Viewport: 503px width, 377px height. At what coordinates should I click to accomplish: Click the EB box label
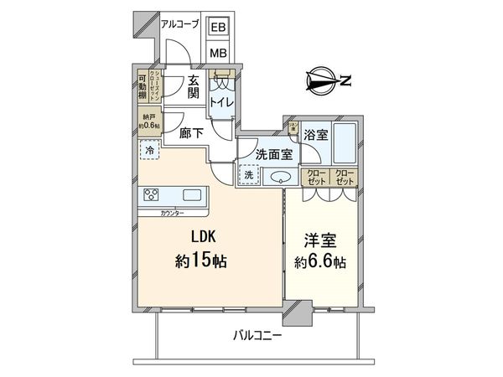pyautogui.click(x=217, y=28)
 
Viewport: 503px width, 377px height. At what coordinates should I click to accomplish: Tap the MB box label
pyautogui.click(x=217, y=53)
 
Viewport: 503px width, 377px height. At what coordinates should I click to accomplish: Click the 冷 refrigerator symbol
pyautogui.click(x=148, y=152)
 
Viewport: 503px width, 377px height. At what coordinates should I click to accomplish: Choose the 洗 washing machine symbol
pyautogui.click(x=248, y=175)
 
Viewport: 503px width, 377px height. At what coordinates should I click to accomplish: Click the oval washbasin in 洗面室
pyautogui.click(x=277, y=176)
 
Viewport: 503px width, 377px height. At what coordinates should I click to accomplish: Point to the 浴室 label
pyautogui.click(x=315, y=133)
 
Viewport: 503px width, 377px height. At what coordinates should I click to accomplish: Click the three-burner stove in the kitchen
pyautogui.click(x=153, y=196)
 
